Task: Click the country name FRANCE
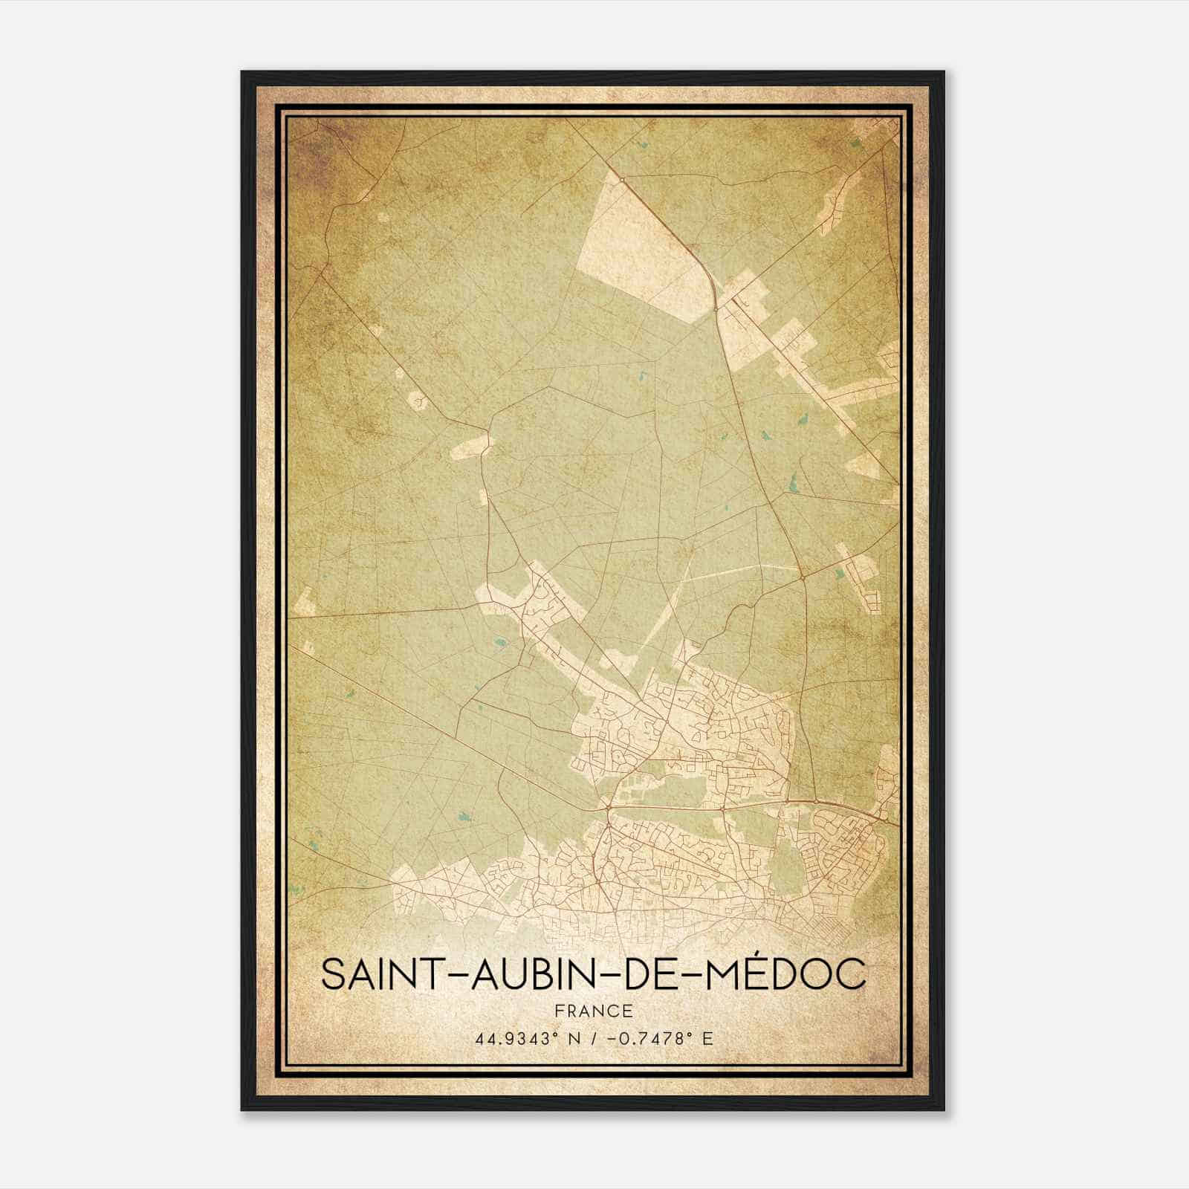tap(593, 1011)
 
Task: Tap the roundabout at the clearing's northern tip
tap(621, 179)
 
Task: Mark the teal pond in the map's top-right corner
tap(857, 144)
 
